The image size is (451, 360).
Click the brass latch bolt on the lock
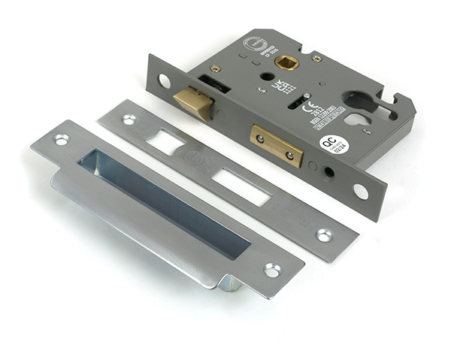[193, 102]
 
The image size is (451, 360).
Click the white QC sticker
[334, 144]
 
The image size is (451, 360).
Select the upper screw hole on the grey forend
[164, 80]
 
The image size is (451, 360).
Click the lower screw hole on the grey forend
[361, 191]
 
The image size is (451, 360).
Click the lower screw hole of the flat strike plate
[323, 235]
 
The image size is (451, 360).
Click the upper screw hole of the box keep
[61, 139]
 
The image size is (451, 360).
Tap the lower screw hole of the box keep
[272, 270]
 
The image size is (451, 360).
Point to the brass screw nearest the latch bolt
[216, 68]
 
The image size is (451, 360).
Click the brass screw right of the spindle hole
[317, 58]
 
